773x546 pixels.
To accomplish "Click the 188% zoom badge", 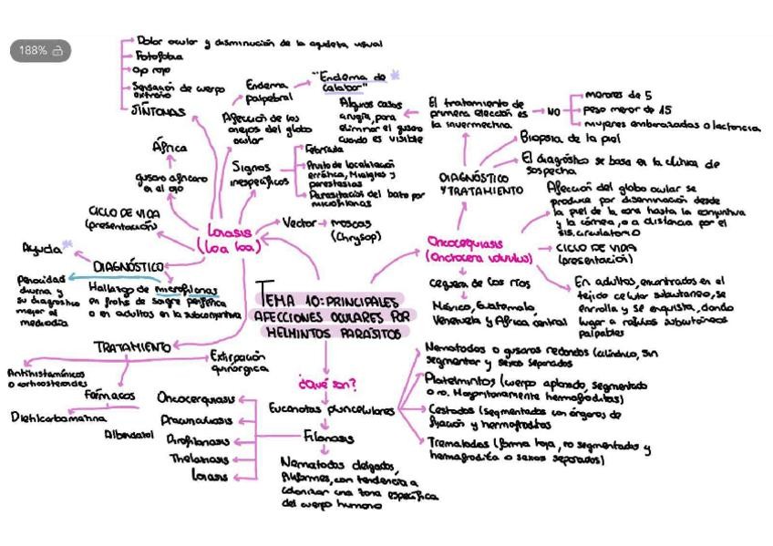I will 40,51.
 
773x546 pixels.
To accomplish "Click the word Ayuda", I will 42,248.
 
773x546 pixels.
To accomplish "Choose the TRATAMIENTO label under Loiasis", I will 132,347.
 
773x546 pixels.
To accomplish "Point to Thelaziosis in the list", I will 199,458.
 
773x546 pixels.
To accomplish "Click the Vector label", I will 299,223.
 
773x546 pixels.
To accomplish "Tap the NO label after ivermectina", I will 552,111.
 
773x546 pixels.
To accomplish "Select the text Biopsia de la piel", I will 570,139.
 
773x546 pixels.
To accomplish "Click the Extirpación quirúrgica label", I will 239,362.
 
